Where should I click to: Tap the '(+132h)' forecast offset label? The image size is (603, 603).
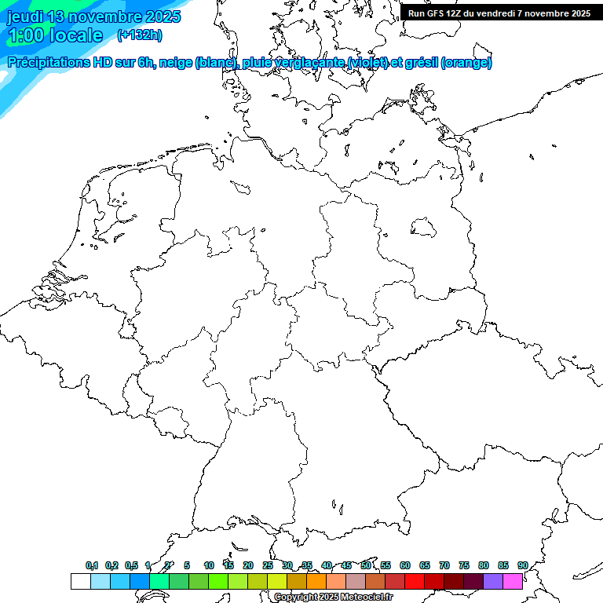click(139, 35)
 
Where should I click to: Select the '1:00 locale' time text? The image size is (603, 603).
click(55, 35)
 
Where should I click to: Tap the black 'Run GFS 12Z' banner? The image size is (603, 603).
click(499, 13)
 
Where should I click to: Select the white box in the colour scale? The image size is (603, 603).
click(80, 581)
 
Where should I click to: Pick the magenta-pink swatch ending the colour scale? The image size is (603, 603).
click(513, 581)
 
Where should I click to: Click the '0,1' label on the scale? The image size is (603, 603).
click(92, 566)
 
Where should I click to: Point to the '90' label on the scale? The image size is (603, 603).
click(523, 566)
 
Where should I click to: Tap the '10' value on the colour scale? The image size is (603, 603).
click(209, 566)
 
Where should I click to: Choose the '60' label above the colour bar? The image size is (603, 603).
click(405, 566)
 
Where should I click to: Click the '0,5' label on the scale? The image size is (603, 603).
click(131, 566)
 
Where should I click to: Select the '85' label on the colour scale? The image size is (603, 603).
click(503, 566)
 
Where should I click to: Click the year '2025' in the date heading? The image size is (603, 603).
click(160, 16)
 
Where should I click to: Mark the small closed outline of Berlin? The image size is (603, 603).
click(424, 228)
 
